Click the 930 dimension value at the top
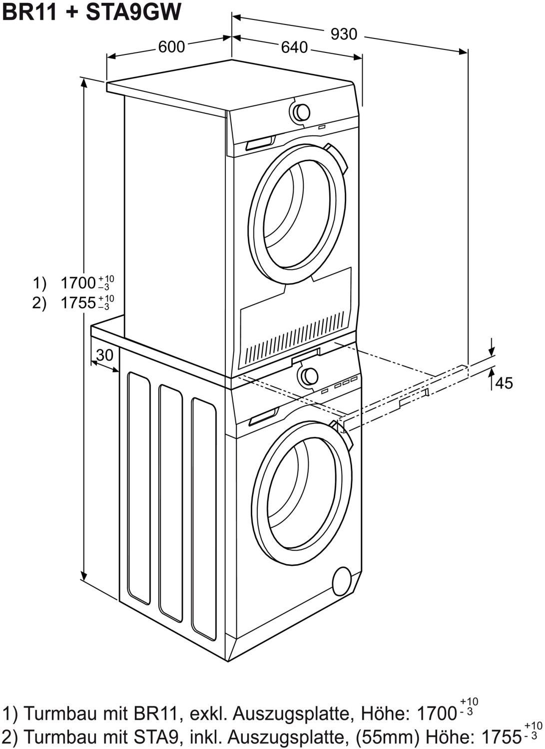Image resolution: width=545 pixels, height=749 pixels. pyautogui.click(x=344, y=34)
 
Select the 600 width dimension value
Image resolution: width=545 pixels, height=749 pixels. pyautogui.click(x=171, y=47)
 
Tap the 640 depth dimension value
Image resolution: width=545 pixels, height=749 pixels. pyautogui.click(x=294, y=47)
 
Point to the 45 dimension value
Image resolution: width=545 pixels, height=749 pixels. pyautogui.click(x=504, y=383)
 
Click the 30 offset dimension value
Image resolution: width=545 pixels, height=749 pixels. pyautogui.click(x=105, y=355)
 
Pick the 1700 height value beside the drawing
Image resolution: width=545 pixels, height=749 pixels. pyautogui.click(x=78, y=283)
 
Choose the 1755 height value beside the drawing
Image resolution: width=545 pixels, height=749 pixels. pyautogui.click(x=78, y=303)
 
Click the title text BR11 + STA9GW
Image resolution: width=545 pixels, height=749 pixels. pyautogui.click(x=91, y=11)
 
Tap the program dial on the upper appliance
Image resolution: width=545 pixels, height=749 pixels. pyautogui.click(x=301, y=112)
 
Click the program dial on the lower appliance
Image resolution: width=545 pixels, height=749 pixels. pyautogui.click(x=309, y=376)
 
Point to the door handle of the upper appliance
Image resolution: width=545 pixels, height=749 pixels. pyautogui.click(x=337, y=160)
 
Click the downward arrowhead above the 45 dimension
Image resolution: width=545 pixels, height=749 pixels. pyautogui.click(x=491, y=352)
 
